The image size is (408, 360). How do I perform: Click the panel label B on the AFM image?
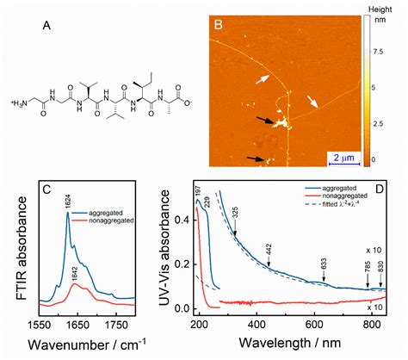[x=219, y=25]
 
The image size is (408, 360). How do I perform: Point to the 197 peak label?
[x=197, y=189]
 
